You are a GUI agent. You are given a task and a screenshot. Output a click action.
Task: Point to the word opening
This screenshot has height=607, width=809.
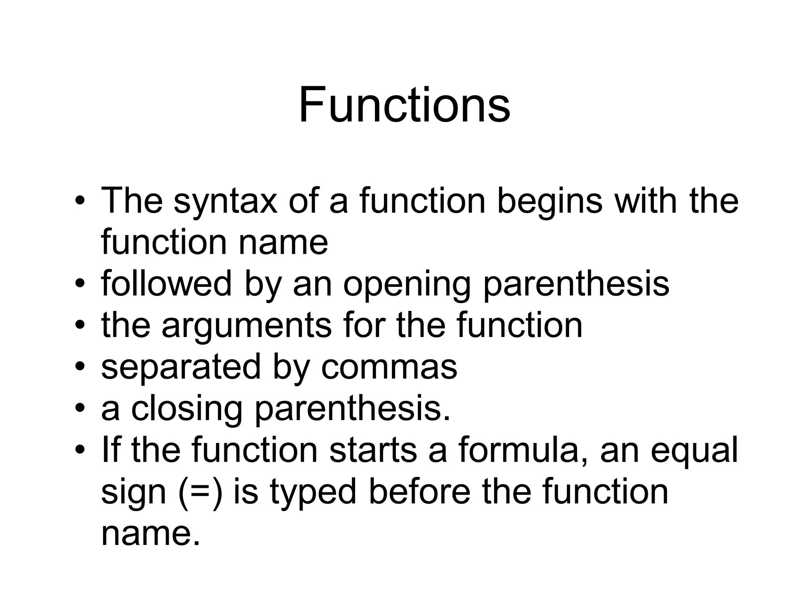(407, 285)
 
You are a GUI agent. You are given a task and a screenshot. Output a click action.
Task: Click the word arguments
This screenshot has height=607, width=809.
(246, 326)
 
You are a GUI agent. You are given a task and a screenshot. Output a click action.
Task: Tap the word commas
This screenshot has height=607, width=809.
(389, 368)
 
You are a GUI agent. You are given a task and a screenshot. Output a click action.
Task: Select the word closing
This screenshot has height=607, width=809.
(187, 409)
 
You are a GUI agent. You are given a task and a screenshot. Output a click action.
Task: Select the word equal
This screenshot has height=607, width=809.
(694, 452)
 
